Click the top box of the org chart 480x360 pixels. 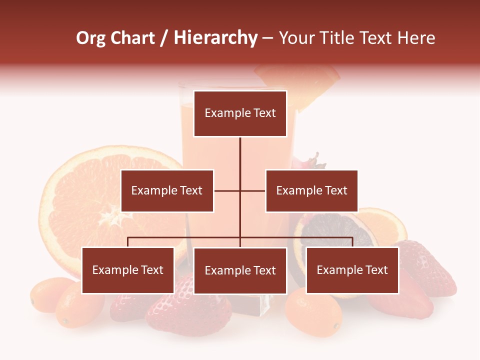(240, 113)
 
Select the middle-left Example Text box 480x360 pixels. (167, 190)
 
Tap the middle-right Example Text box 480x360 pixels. (311, 190)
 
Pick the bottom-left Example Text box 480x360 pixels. (127, 270)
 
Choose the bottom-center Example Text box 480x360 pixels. (240, 271)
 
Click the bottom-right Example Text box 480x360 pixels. (352, 270)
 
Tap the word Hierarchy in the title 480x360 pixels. (215, 38)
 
